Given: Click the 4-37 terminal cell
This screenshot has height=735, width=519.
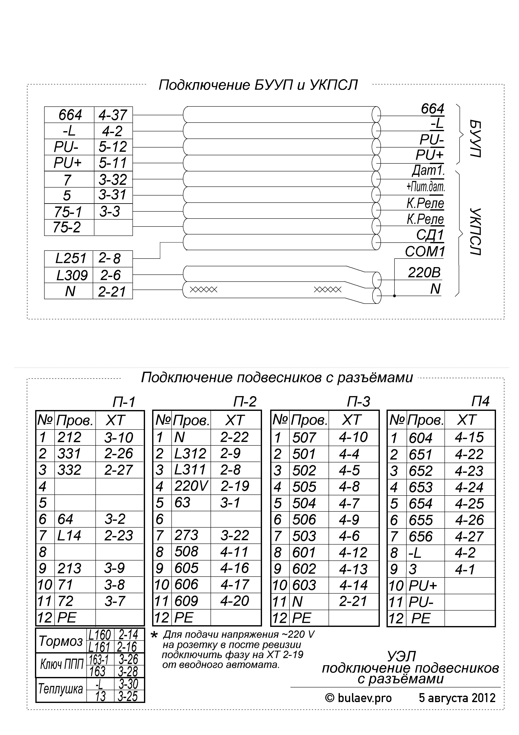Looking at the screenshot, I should click(113, 115).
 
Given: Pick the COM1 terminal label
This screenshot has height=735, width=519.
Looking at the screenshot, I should click(425, 252).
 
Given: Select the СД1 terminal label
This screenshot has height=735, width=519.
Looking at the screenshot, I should click(430, 235).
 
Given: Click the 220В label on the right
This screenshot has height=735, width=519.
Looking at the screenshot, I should click(424, 273).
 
